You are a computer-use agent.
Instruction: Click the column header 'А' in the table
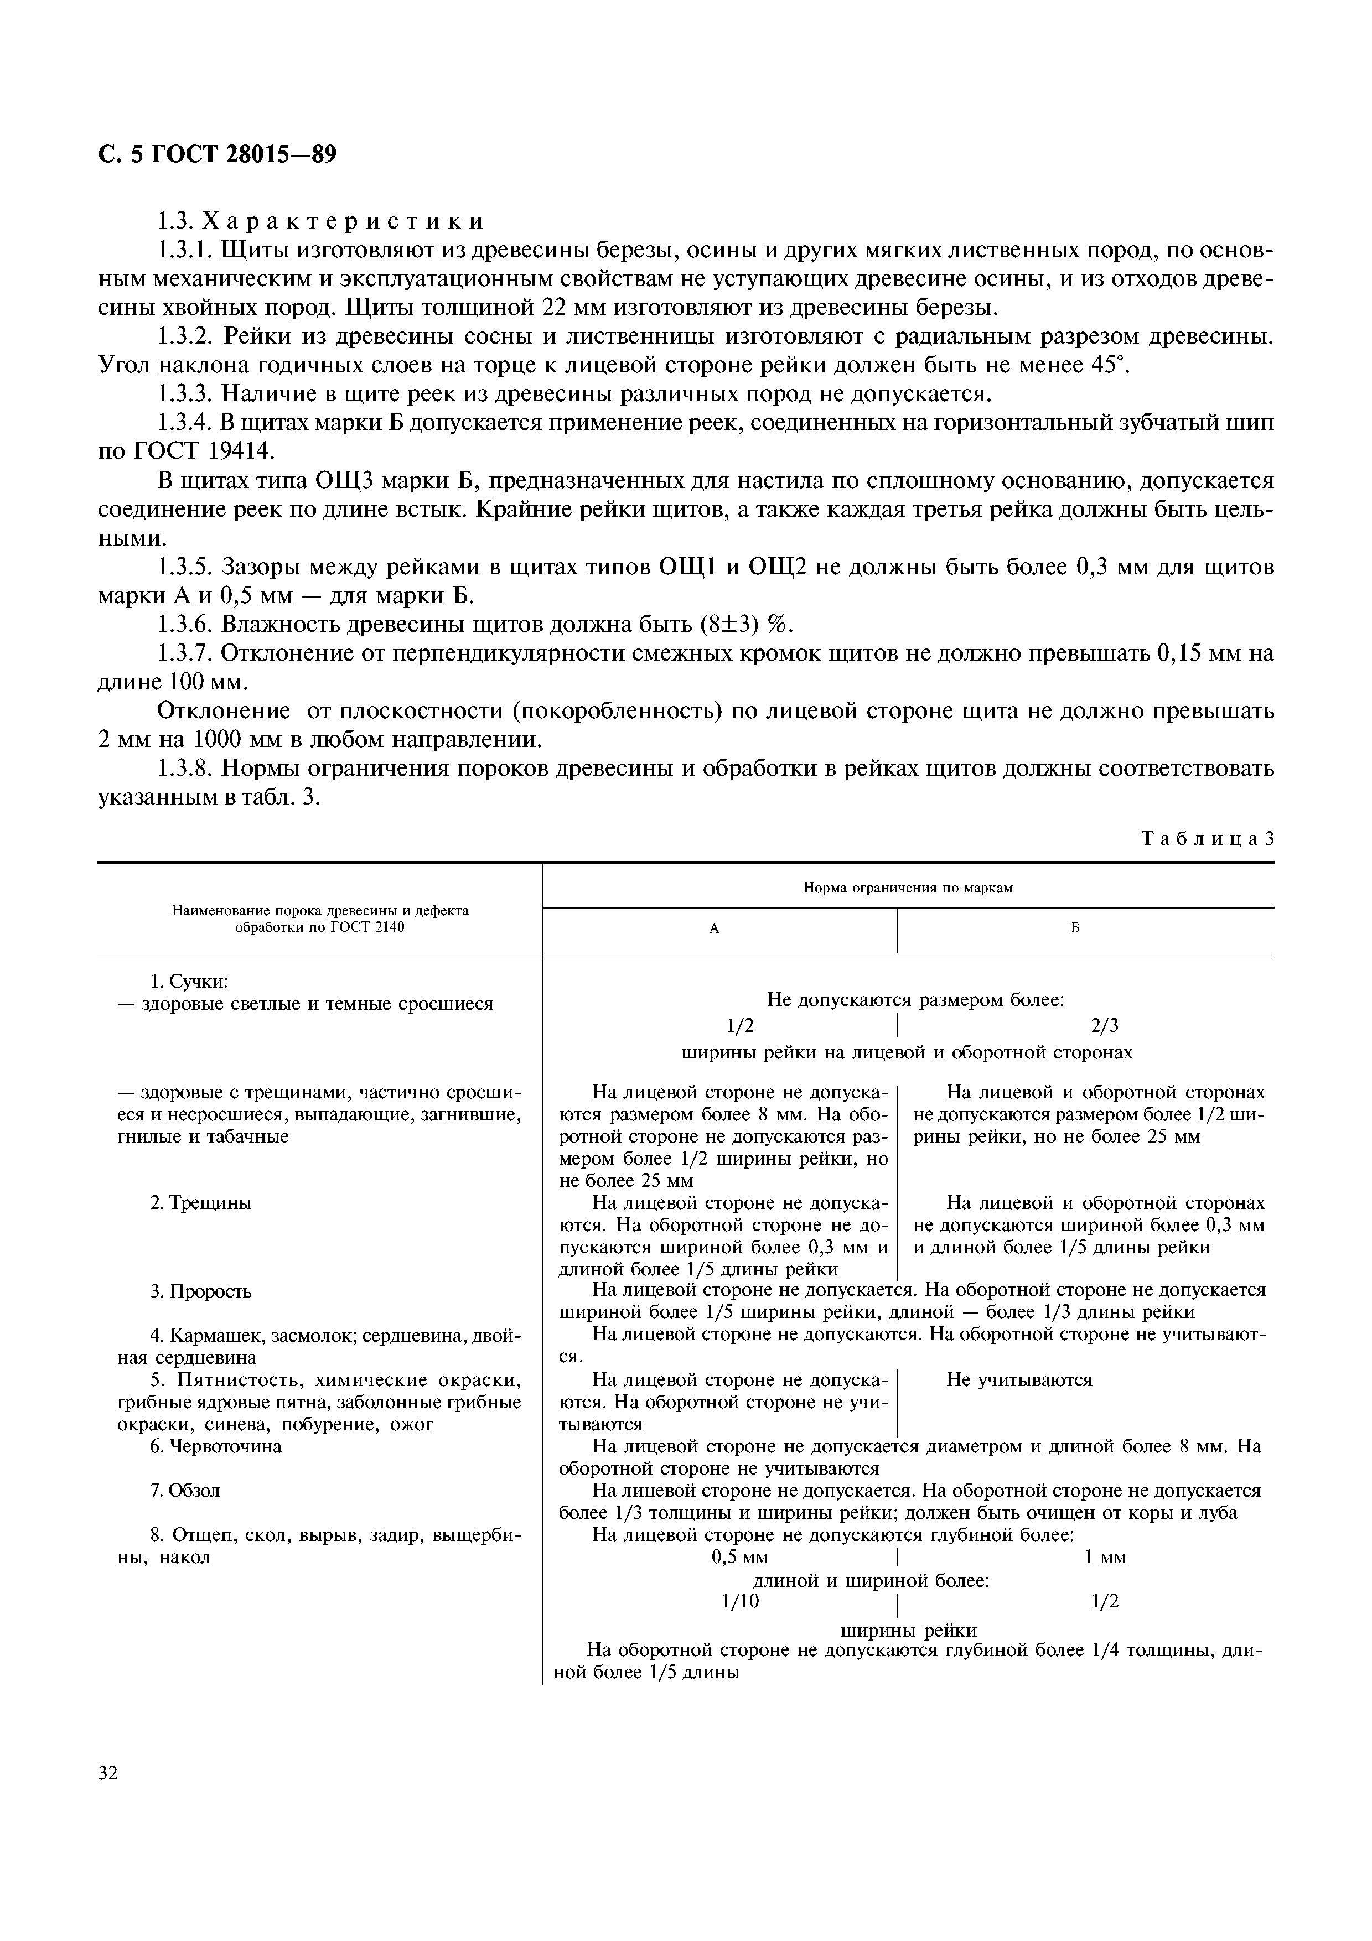point(715,929)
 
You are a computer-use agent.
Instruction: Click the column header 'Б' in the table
point(1075,929)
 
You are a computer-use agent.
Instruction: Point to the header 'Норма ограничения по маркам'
point(907,888)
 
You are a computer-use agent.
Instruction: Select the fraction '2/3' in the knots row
point(1104,1026)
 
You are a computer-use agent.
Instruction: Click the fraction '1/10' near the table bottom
point(741,1602)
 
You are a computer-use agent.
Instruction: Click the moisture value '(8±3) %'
point(747,625)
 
